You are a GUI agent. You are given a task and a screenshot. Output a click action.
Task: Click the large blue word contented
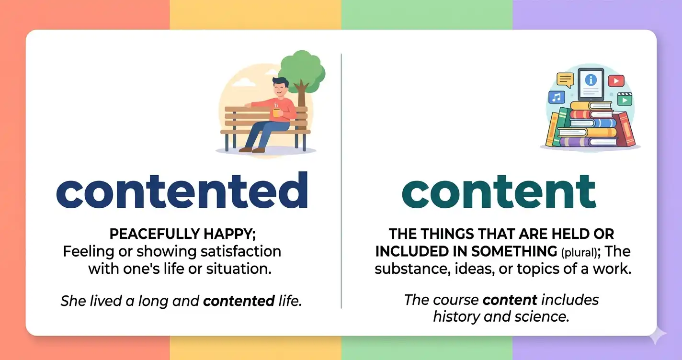click(182, 191)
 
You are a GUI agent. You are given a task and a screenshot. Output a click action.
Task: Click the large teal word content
click(499, 191)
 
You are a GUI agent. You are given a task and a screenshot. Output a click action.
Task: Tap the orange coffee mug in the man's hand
click(276, 112)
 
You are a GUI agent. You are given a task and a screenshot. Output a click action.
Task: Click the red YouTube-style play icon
click(616, 81)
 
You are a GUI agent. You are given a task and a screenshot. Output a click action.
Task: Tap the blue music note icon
click(557, 97)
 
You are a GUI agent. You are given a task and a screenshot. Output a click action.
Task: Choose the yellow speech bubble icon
click(565, 80)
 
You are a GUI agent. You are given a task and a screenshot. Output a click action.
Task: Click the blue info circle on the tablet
click(591, 80)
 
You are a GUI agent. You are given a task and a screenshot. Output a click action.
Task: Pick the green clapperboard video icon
click(625, 100)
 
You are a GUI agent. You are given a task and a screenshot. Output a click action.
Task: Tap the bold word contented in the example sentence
click(239, 301)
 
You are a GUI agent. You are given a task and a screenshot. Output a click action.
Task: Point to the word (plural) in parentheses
click(579, 253)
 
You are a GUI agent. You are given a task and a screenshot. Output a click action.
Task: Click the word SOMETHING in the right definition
click(514, 252)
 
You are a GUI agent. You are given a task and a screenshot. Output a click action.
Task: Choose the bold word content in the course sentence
click(510, 300)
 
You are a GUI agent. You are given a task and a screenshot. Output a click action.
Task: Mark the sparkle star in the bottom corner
click(657, 336)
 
